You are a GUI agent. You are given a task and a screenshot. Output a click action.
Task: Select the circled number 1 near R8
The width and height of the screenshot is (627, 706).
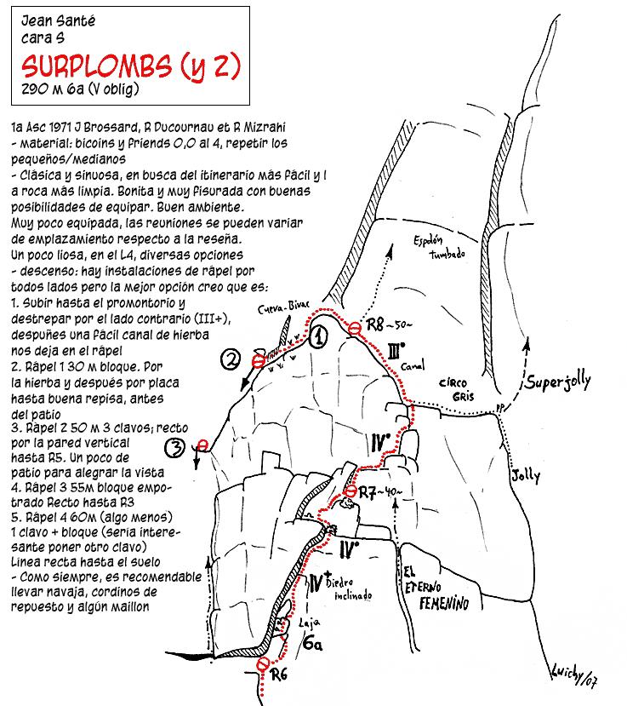317,337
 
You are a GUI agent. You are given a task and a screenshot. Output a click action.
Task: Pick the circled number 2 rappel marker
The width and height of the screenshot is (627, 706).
230,360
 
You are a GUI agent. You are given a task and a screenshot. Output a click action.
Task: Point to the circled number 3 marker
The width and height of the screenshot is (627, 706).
175,446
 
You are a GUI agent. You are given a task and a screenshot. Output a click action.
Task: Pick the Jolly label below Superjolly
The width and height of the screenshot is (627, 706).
525,476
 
